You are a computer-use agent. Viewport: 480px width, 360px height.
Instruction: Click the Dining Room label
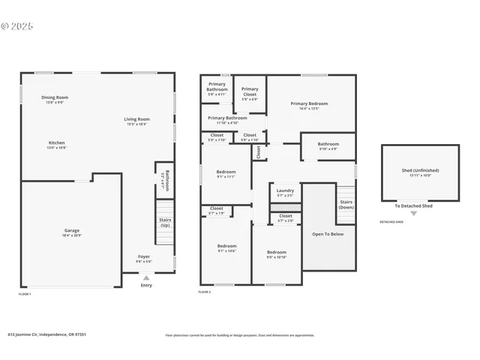point(55,97)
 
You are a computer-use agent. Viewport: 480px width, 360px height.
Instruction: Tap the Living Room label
point(136,119)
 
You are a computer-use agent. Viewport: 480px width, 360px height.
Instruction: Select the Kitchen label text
point(57,142)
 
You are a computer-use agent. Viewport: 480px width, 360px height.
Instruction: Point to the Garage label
point(71,230)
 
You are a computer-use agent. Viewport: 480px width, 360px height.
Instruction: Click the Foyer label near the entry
point(143,256)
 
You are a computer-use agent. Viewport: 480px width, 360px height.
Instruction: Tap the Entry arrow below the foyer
point(146,277)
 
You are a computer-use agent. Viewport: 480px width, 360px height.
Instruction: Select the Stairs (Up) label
point(164,222)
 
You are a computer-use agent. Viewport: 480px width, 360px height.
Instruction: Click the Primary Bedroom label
point(309,103)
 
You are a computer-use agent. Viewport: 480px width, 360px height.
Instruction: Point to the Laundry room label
point(285,190)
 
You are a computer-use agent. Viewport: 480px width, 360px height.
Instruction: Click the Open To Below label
point(328,234)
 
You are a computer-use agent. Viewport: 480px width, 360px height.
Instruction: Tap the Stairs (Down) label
point(346,204)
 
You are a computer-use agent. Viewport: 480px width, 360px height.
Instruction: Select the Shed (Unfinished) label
point(420,170)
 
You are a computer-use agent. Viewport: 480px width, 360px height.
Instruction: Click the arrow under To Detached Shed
point(413,214)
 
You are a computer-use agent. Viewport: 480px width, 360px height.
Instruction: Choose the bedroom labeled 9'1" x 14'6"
point(226,246)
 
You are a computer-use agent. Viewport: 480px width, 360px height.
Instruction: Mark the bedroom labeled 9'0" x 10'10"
point(276,252)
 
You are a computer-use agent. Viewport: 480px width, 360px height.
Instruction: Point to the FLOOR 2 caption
point(204,291)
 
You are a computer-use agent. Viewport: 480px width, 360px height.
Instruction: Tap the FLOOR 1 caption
point(25,294)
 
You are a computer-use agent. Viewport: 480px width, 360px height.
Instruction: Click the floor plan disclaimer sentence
point(240,335)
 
